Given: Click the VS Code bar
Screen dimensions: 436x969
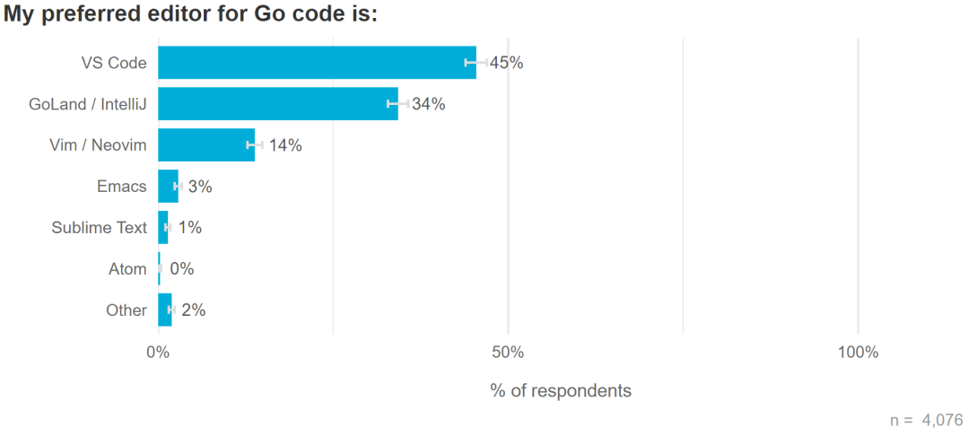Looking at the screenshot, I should click(x=317, y=63).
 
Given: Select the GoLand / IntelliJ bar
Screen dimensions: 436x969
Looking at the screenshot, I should click(x=278, y=104).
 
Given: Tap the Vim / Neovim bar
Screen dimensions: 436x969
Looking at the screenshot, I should click(x=206, y=145).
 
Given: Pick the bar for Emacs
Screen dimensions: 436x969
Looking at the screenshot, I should click(x=168, y=187).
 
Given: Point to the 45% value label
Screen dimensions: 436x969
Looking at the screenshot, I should click(x=506, y=63).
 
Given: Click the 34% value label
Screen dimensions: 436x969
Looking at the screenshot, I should click(x=429, y=104).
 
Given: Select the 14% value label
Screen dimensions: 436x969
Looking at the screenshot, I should click(x=285, y=145).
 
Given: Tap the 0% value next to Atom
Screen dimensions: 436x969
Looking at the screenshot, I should click(x=181, y=268).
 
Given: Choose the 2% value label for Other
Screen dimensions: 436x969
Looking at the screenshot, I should click(x=193, y=310).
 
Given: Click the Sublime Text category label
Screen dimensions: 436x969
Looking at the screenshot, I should click(x=99, y=228).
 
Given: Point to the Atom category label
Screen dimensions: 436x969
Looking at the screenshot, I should click(x=127, y=268).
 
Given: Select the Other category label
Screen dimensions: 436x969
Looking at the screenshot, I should click(x=126, y=310).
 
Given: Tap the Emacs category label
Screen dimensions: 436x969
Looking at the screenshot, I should click(x=121, y=187).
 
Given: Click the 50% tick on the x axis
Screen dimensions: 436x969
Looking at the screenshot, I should click(x=508, y=353).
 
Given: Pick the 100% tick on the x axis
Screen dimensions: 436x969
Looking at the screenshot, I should click(x=858, y=353).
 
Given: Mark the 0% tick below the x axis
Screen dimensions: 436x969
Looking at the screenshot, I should click(x=158, y=353).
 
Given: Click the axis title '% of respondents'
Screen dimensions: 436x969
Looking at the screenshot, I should click(x=561, y=391).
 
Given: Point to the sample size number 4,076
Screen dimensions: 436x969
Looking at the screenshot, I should click(x=941, y=419).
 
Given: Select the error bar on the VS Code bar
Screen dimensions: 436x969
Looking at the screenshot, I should click(x=476, y=63).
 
